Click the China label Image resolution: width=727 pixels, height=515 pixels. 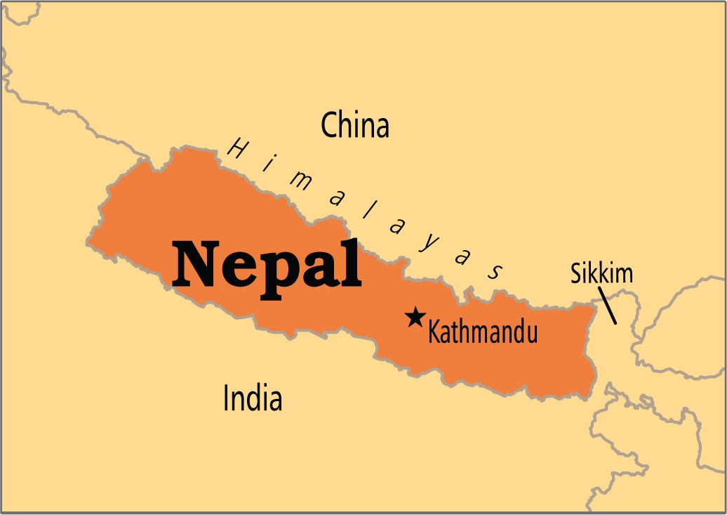click(354, 126)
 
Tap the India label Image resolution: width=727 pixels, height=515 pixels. click(253, 398)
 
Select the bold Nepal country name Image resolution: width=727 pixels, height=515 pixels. click(267, 265)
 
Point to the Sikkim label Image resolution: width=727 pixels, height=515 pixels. click(601, 274)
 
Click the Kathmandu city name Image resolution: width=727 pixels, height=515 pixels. click(483, 332)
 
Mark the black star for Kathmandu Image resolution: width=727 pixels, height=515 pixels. click(415, 318)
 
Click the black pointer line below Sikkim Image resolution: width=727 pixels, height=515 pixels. click(608, 308)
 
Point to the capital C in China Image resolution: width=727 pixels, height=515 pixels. click(330, 126)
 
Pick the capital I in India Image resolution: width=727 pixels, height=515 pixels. click(226, 398)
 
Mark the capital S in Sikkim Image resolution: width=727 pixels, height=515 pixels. click(575, 274)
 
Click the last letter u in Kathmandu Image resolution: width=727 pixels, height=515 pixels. click(531, 333)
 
